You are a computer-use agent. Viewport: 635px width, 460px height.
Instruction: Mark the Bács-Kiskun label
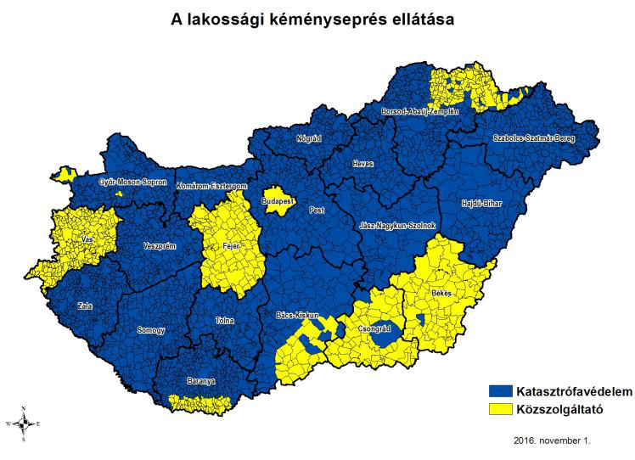point(297,316)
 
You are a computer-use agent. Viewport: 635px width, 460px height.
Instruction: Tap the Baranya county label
point(201,382)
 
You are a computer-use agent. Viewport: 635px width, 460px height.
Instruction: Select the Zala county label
point(84,306)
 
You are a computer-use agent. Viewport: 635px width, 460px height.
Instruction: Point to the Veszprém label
point(160,246)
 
